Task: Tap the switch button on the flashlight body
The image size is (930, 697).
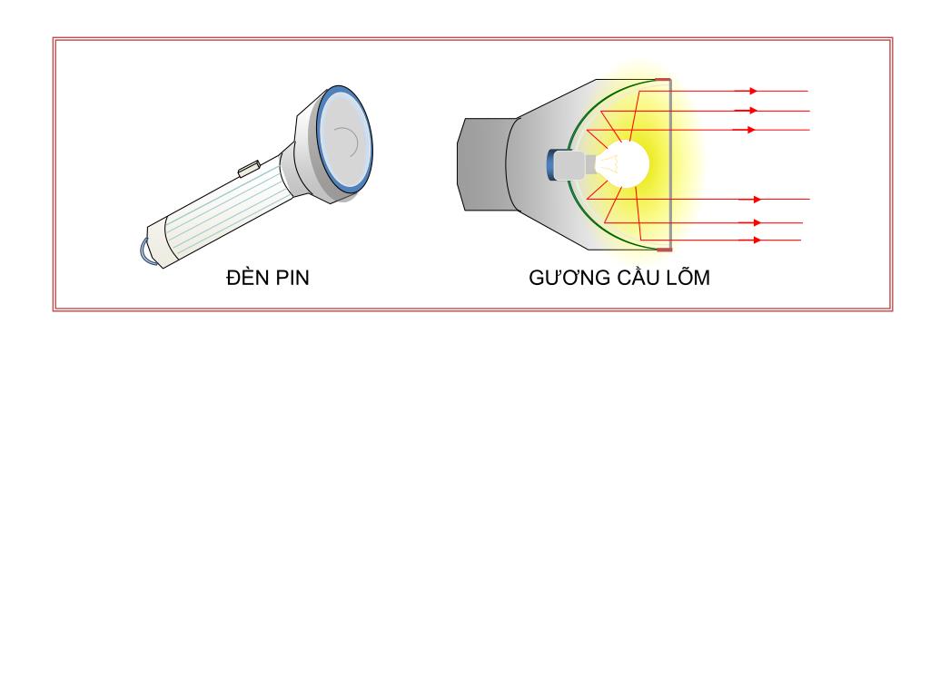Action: click(250, 168)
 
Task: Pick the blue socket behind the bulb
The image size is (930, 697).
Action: click(552, 164)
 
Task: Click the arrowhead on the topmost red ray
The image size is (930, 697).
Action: click(752, 91)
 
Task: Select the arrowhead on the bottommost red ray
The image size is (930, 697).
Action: click(756, 241)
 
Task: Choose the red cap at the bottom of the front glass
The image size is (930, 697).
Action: click(664, 249)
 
